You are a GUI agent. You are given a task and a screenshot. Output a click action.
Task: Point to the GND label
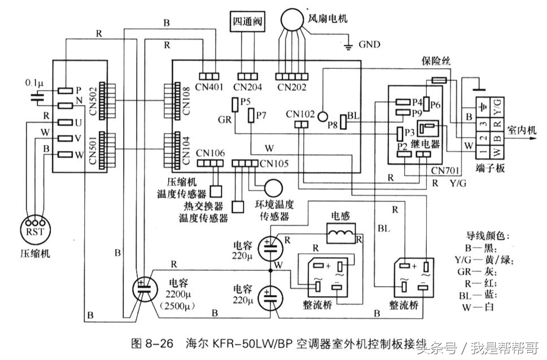click(x=370, y=44)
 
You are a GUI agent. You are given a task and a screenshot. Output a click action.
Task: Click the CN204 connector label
click(x=247, y=87)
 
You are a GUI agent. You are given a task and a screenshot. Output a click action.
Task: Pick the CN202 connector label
click(x=291, y=87)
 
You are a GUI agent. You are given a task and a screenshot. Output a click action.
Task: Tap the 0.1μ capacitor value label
click(x=35, y=82)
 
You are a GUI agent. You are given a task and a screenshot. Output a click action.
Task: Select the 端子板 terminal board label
click(x=489, y=168)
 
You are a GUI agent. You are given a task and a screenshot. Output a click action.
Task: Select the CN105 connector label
click(x=274, y=164)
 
